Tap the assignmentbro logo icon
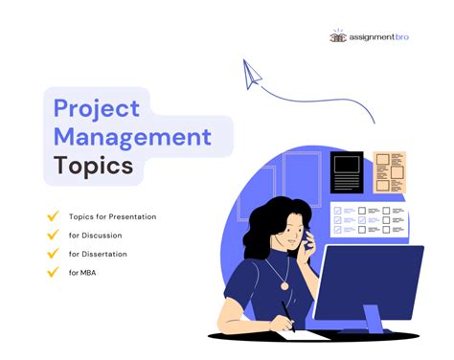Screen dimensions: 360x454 (x=338, y=36)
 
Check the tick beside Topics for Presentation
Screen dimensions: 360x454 (x=53, y=216)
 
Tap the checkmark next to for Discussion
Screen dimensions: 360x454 (x=53, y=236)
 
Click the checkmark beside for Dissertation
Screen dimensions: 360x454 (x=53, y=254)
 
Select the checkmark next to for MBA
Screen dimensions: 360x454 (x=53, y=273)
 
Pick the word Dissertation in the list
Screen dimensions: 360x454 (x=105, y=254)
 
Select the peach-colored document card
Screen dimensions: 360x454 (x=389, y=172)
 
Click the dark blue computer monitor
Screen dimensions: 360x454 (x=368, y=281)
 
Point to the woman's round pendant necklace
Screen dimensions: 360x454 (x=284, y=284)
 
